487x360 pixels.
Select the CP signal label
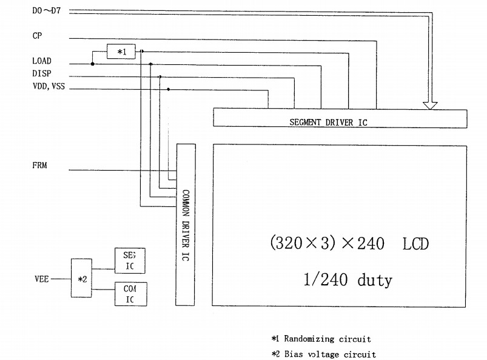(37, 36)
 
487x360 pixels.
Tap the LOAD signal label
(42, 61)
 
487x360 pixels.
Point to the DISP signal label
(42, 73)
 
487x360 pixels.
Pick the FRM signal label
(39, 165)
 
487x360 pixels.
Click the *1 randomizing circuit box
(121, 53)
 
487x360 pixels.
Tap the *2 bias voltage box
(82, 279)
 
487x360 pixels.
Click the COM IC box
(130, 294)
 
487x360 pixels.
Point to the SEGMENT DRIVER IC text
(328, 123)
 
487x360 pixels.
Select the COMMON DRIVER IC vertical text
(186, 225)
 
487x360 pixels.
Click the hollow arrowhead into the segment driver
(430, 104)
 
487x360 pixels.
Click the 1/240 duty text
(348, 280)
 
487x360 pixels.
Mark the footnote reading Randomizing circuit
(321, 339)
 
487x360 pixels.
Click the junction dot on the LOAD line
(92, 63)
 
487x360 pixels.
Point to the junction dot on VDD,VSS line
(168, 89)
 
